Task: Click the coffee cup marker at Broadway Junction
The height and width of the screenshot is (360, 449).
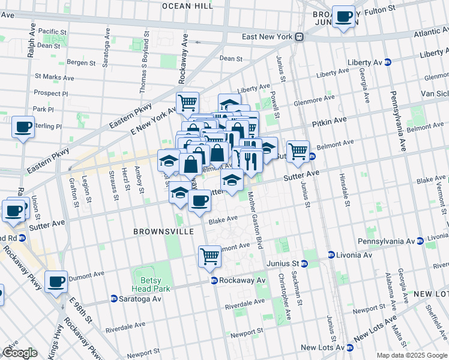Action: click(343, 17)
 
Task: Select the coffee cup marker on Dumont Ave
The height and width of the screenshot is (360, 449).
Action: click(56, 281)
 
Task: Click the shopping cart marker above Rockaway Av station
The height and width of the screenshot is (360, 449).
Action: click(209, 256)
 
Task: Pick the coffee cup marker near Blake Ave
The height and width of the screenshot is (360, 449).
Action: click(199, 200)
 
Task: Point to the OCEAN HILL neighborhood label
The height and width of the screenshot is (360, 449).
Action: click(187, 5)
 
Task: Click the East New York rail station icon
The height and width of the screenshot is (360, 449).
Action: click(299, 37)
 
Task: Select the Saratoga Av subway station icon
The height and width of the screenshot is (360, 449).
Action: click(113, 299)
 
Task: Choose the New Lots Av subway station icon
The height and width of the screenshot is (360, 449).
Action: click(349, 347)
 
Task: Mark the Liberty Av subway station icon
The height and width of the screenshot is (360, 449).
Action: click(388, 62)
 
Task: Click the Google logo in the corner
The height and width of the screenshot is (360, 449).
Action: click(19, 353)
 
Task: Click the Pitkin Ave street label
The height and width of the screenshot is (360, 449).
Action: click(329, 121)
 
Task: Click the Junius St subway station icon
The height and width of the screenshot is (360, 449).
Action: click(304, 263)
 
